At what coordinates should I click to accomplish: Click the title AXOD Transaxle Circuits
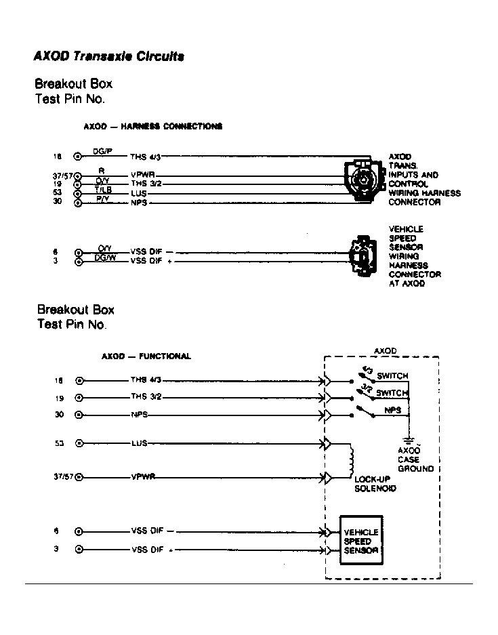click(x=108, y=57)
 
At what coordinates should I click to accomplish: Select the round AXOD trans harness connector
click(x=362, y=178)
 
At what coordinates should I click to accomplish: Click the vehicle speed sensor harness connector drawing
click(x=360, y=255)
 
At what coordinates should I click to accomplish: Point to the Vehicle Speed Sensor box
click(x=360, y=541)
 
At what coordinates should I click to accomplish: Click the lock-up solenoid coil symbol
click(x=351, y=460)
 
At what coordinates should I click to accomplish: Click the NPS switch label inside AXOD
click(x=392, y=410)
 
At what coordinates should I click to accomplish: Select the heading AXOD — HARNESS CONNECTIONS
click(x=153, y=126)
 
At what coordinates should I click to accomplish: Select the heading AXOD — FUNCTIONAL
click(x=146, y=356)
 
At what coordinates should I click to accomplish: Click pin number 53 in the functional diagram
click(x=59, y=443)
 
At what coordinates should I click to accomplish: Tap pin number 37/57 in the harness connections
click(x=62, y=175)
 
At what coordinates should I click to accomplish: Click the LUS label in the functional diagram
click(x=139, y=444)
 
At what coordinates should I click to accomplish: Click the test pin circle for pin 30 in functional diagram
click(x=79, y=415)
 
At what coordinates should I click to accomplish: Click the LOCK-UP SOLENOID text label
click(x=375, y=483)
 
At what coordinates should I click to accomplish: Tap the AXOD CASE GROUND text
click(x=415, y=459)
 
